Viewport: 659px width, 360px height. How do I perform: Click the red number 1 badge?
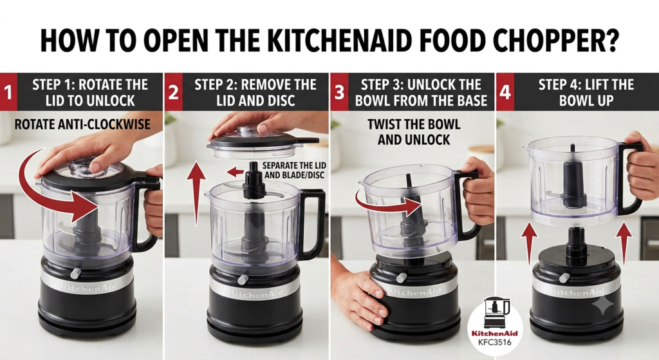click(x=8, y=92)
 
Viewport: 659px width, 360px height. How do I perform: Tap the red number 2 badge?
click(x=173, y=92)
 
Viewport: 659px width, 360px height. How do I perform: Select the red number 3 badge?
click(x=339, y=92)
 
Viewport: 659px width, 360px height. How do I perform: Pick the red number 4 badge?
click(x=505, y=92)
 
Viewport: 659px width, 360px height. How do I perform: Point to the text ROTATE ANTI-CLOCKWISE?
click(x=82, y=124)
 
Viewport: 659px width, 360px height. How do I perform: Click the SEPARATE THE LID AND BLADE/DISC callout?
click(x=294, y=170)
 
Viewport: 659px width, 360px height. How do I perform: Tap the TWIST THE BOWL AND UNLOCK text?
click(x=414, y=131)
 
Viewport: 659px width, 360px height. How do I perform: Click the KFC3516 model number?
click(x=495, y=342)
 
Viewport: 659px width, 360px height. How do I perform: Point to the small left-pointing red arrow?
click(x=236, y=171)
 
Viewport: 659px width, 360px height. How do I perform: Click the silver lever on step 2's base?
click(x=243, y=279)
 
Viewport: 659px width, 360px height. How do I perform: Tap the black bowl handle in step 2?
click(x=312, y=223)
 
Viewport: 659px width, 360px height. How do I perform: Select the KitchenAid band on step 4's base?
click(x=576, y=292)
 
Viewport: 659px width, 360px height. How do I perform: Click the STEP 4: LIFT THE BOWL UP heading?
click(x=586, y=92)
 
